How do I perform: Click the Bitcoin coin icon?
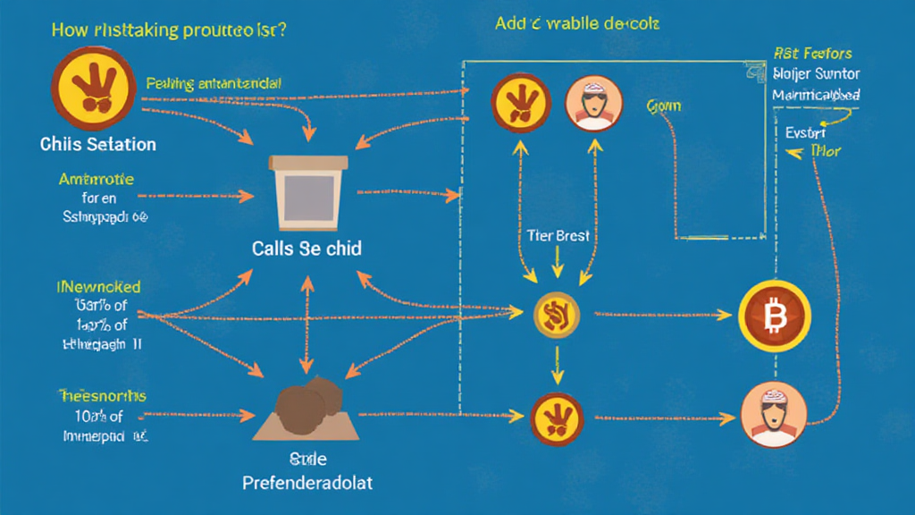click(x=775, y=316)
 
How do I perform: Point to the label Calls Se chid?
click(x=306, y=249)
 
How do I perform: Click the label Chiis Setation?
click(x=97, y=144)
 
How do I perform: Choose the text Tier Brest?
click(x=559, y=237)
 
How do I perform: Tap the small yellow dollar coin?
click(x=557, y=314)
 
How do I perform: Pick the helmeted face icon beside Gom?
click(x=590, y=104)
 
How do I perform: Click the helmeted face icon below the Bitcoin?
click(x=774, y=416)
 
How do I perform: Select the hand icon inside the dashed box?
click(x=518, y=104)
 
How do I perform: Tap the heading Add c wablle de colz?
click(x=576, y=23)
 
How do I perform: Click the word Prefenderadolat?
click(x=308, y=483)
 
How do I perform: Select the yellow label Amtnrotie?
click(x=96, y=179)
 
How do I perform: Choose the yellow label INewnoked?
click(x=99, y=288)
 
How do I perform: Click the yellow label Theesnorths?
click(x=102, y=396)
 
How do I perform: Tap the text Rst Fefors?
click(x=812, y=54)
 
